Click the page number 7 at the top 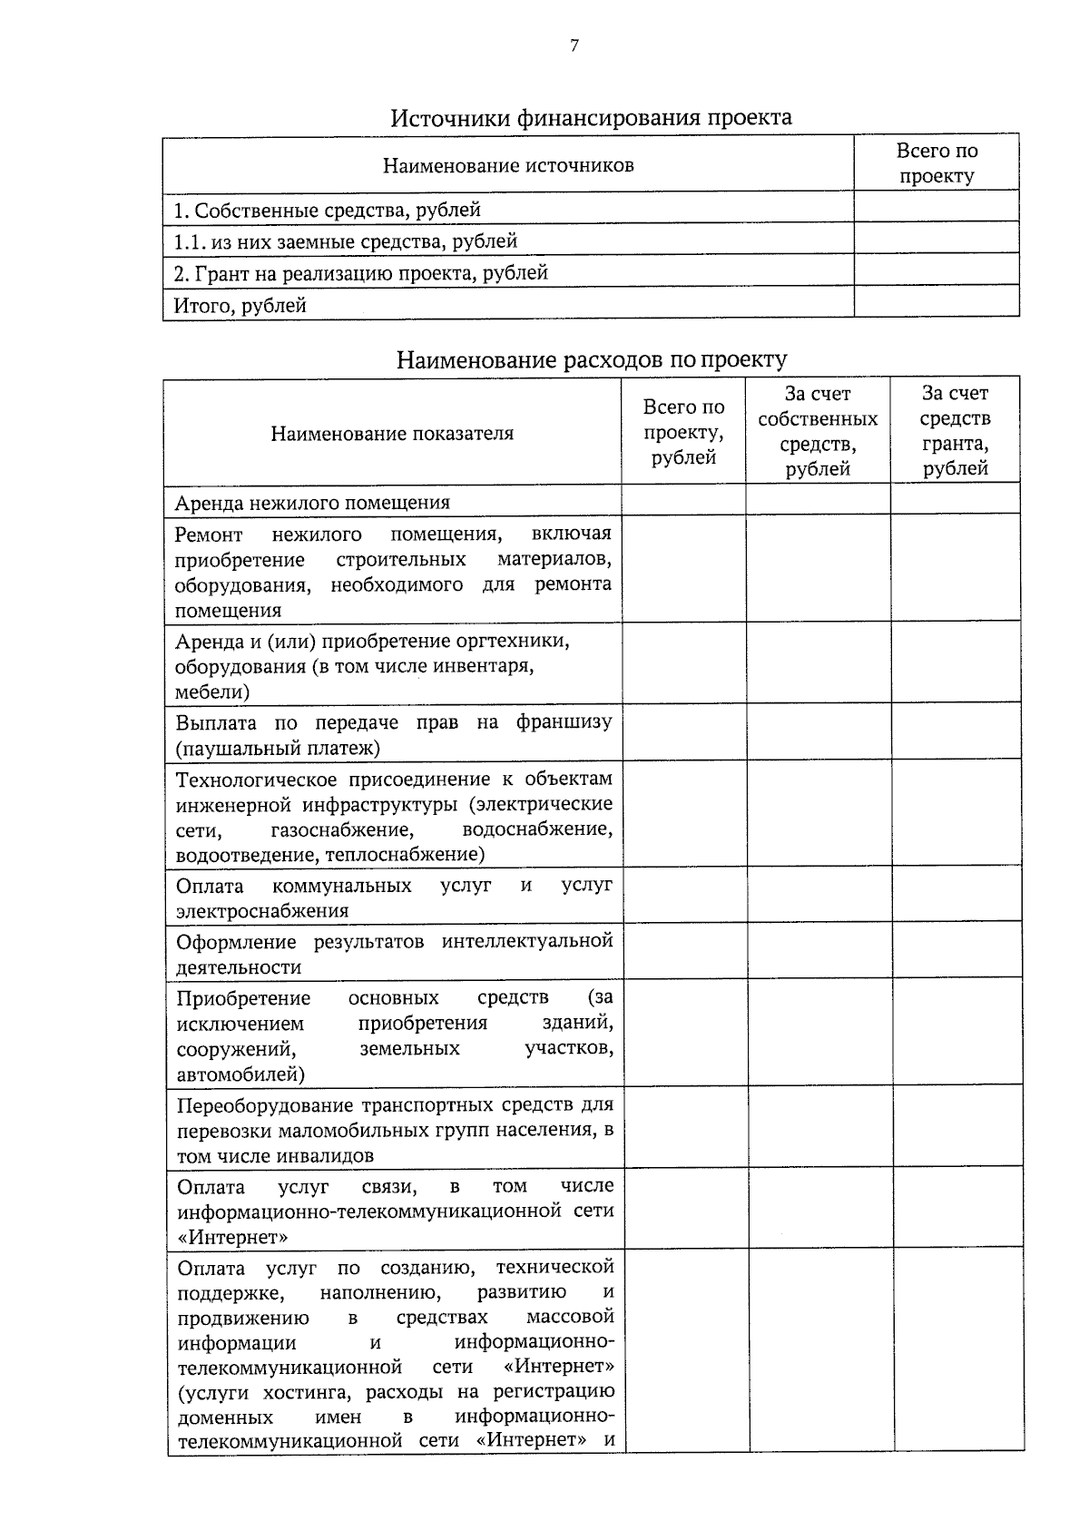[574, 46]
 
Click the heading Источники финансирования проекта [591, 118]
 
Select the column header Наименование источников [508, 165]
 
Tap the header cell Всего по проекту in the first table [937, 163]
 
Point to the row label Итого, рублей [240, 306]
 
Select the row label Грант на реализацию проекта [361, 273]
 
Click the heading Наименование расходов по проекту [592, 360]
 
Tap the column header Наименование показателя [392, 433]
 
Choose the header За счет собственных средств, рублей [818, 431]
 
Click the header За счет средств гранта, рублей [955, 431]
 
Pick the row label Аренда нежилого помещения [312, 503]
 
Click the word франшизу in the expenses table [564, 722]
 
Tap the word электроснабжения [262, 911]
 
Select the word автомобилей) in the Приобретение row [240, 1075]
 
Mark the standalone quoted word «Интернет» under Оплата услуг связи [233, 1237]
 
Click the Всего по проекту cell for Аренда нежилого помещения [683, 500]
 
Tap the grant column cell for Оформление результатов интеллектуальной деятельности [957, 951]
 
